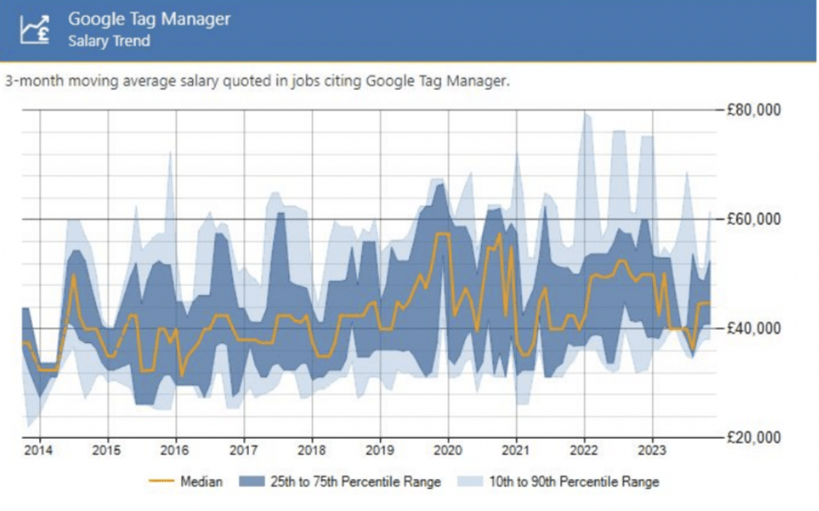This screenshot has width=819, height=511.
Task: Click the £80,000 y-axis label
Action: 754,110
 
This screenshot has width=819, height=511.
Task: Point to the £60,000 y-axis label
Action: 754,219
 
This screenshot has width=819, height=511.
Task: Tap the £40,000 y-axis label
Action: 754,328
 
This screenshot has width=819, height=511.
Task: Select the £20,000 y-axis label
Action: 754,436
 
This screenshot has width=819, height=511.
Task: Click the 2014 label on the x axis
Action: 38,450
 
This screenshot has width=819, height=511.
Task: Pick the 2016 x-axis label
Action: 174,450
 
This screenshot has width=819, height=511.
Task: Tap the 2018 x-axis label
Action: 311,450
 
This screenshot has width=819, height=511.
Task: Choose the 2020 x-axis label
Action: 448,450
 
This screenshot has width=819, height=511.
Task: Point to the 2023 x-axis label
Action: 652,450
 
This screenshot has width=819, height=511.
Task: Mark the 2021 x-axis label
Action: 516,450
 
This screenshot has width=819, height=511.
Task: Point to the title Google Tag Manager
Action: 149,18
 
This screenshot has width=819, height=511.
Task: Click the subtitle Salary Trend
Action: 109,40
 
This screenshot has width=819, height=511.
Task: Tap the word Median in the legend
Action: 201,482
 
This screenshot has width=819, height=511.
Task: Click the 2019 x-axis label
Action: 380,450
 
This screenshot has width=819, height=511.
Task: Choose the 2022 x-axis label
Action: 584,450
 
